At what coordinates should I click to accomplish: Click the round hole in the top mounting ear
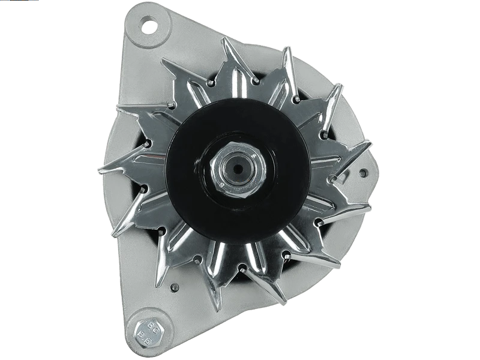(x=146, y=26)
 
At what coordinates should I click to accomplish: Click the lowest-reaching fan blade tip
(x=211, y=310)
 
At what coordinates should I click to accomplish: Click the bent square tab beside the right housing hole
(x=348, y=174)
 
